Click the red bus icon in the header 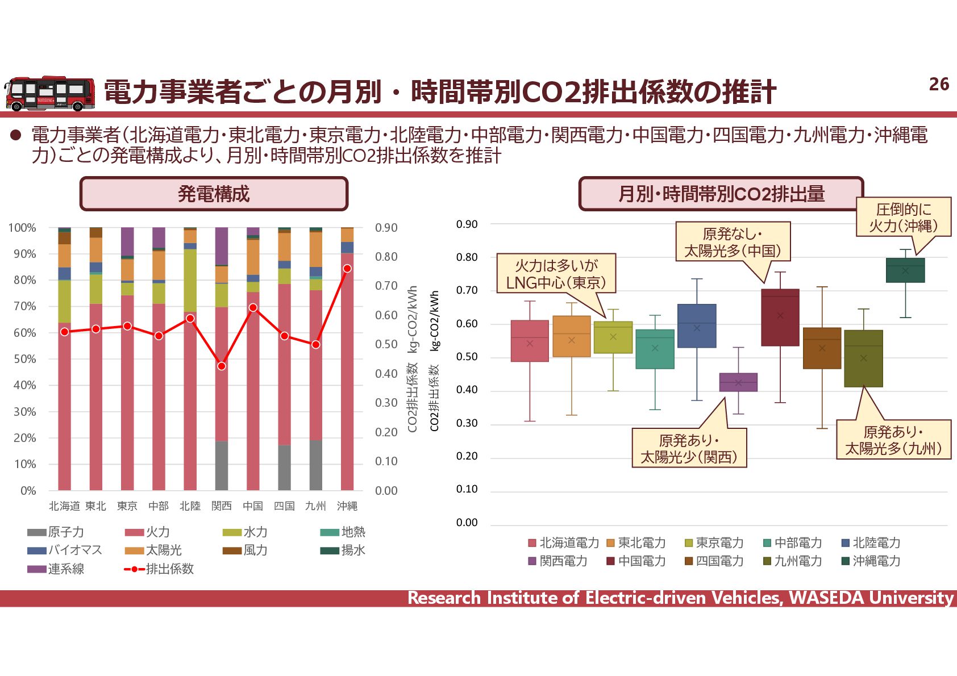coord(49,93)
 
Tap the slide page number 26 coord(939,84)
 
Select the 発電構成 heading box coord(214,194)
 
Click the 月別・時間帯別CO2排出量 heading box coord(721,194)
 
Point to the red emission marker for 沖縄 coord(347,268)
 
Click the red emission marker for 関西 coord(222,366)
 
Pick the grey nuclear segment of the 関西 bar coord(222,465)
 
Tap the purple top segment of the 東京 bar coord(127,241)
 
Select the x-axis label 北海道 coord(64,506)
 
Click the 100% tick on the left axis coord(23,228)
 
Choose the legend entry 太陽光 coord(163,550)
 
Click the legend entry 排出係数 coord(169,569)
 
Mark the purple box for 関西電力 coord(738,382)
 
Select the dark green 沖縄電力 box coord(905,270)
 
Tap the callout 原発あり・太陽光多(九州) coord(893,440)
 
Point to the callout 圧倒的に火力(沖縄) coord(903,217)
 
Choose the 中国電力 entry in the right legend coord(641,561)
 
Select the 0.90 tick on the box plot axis coord(467,224)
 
